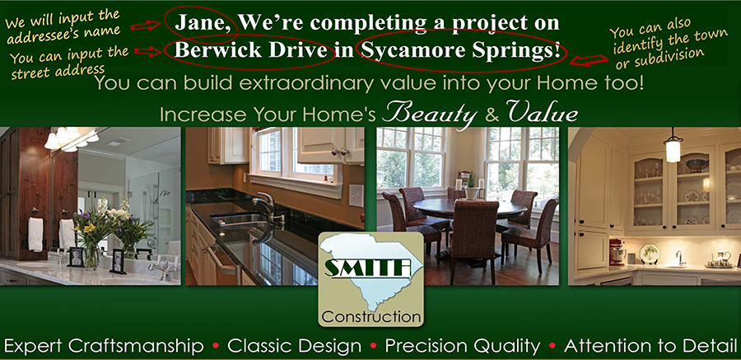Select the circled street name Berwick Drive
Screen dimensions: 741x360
pyautogui.click(x=251, y=50)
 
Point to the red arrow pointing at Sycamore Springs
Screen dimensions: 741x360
pyautogui.click(x=590, y=60)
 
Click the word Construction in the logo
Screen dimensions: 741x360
pyautogui.click(x=370, y=316)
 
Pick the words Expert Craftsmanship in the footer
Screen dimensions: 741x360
pyautogui.click(x=104, y=347)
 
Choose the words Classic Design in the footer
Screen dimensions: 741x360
pyautogui.click(x=294, y=347)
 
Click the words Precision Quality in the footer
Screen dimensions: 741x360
pyautogui.click(x=462, y=347)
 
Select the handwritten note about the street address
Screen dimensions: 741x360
pyautogui.click(x=68, y=62)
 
